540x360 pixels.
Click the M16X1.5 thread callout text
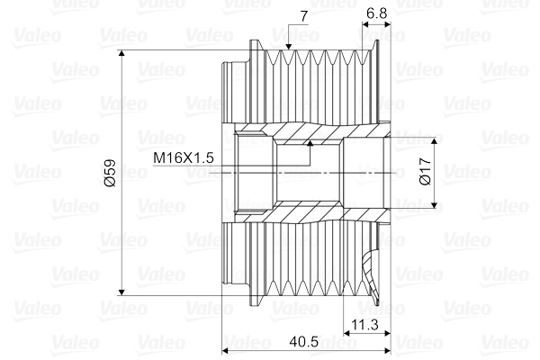[x=183, y=158]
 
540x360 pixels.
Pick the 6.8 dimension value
[x=378, y=12]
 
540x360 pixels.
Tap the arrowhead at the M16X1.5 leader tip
[x=310, y=140]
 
